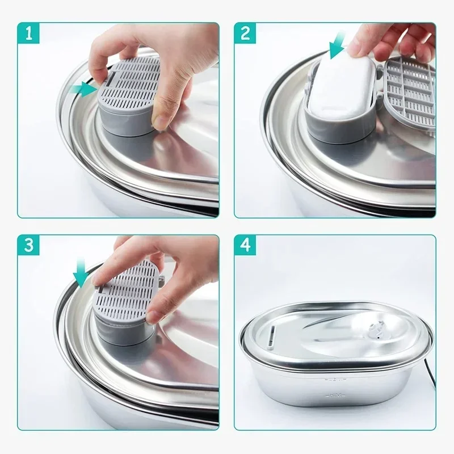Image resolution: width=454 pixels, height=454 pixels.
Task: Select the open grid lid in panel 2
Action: pyautogui.click(x=410, y=94)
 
